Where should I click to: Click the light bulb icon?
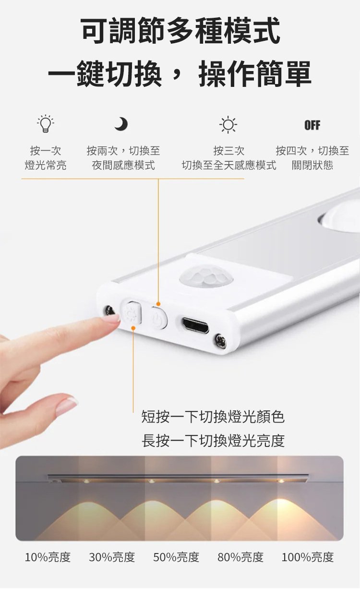click(x=46, y=123)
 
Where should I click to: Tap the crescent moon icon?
click(x=121, y=124)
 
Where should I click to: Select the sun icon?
click(x=228, y=125)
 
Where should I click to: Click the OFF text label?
click(x=312, y=125)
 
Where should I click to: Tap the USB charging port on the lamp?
click(x=195, y=325)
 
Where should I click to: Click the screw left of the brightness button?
click(x=109, y=310)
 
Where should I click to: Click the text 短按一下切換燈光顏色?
click(x=213, y=417)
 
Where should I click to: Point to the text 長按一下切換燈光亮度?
click(x=213, y=440)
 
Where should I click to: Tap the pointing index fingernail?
click(x=111, y=318)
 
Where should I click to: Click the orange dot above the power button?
click(x=158, y=304)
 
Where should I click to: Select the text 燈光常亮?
click(x=46, y=165)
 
